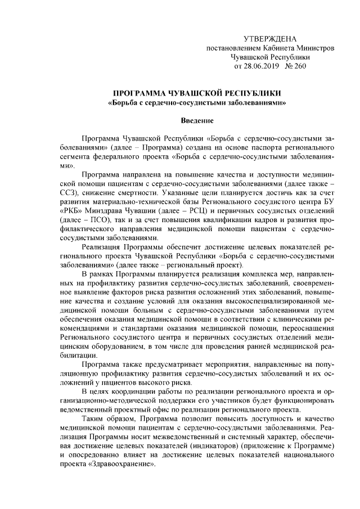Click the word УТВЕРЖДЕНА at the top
point(269,39)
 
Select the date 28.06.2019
point(259,66)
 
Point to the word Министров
point(313,48)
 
